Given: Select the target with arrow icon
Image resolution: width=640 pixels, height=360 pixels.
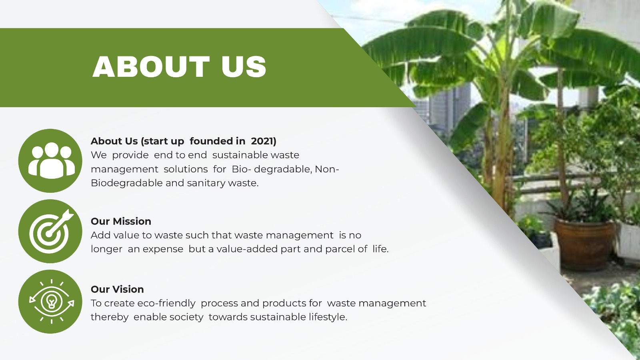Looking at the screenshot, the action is [x=50, y=231].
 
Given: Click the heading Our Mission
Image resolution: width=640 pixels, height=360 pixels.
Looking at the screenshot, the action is [x=121, y=222].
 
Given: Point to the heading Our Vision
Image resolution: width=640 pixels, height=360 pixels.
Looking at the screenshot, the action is [x=117, y=290].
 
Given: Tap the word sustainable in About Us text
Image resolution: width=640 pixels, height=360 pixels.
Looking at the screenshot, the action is [x=240, y=155].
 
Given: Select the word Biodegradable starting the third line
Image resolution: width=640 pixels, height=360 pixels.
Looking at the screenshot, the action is [x=126, y=183].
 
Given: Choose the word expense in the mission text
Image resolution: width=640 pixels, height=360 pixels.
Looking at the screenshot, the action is [x=163, y=250].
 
